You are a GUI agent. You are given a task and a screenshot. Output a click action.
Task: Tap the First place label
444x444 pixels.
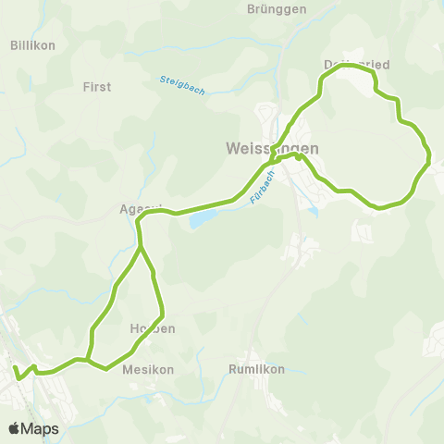97,86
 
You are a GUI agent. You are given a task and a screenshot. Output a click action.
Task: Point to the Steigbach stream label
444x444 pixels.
182,84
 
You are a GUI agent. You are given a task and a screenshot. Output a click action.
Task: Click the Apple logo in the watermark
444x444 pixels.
15,428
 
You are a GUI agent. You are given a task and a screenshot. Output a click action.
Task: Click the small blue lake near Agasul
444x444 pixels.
203,220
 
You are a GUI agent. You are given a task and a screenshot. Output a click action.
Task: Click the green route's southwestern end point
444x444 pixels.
15,367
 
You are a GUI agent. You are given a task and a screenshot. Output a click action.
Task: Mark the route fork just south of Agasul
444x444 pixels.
140,247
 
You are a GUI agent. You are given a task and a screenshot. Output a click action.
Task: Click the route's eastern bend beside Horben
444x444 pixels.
163,313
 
